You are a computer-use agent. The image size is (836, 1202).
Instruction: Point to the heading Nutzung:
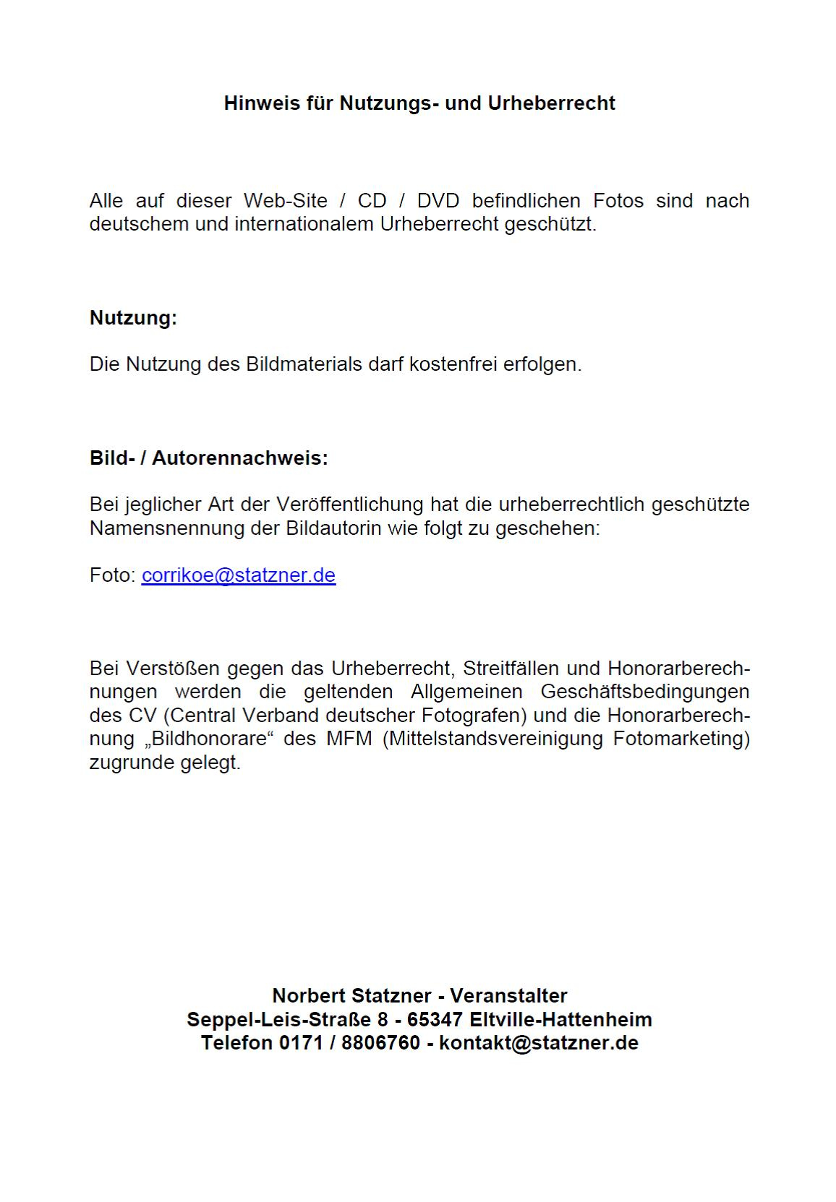[x=133, y=318]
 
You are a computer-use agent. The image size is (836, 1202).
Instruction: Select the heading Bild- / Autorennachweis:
[x=208, y=458]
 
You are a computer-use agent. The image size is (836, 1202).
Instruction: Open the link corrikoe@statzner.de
[x=239, y=575]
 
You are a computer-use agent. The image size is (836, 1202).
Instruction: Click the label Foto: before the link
[x=113, y=575]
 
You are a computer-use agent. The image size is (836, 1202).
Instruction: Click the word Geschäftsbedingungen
[x=644, y=692]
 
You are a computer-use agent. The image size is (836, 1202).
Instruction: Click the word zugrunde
[x=132, y=763]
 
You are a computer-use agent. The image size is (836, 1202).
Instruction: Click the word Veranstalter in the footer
[x=508, y=996]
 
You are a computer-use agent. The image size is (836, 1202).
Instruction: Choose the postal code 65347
[x=435, y=1020]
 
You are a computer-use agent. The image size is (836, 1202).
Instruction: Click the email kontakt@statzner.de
[x=539, y=1043]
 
